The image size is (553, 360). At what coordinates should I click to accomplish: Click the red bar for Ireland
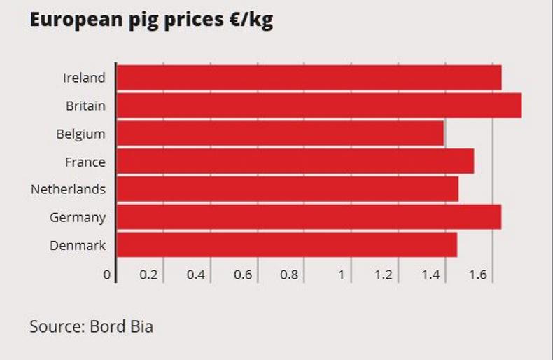pos(309,78)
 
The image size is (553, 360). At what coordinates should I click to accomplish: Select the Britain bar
pos(318,106)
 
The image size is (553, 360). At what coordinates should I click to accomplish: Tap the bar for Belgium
pos(280,134)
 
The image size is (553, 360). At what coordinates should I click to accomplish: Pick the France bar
pos(295,162)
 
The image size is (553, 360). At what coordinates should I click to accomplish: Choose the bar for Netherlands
pos(287,189)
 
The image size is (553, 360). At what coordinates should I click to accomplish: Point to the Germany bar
pos(309,217)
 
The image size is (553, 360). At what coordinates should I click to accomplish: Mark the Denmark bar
pos(286,245)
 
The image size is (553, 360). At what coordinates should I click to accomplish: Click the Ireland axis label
pos(84,78)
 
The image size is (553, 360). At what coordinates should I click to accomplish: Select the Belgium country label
pos(80,134)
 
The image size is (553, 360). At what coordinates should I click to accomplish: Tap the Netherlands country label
pos(68,189)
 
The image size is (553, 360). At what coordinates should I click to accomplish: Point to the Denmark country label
pos(78,245)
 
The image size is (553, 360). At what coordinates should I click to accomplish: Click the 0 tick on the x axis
pos(107,275)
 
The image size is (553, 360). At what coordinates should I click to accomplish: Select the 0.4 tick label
pos(195,275)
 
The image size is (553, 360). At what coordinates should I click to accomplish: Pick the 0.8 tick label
pos(289,275)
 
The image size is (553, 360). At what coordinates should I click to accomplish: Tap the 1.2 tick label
pos(384,275)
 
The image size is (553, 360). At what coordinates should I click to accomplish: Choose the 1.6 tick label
pos(478,275)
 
